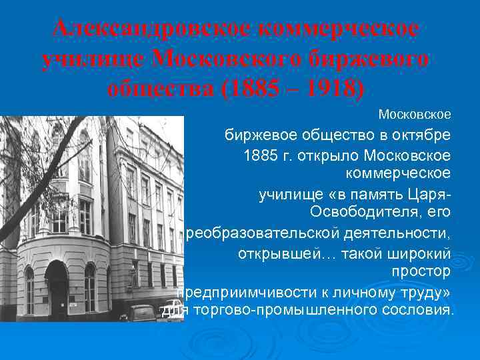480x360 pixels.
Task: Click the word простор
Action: pyautogui.click(x=421, y=272)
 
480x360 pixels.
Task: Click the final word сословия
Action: pyautogui.click(x=421, y=311)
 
